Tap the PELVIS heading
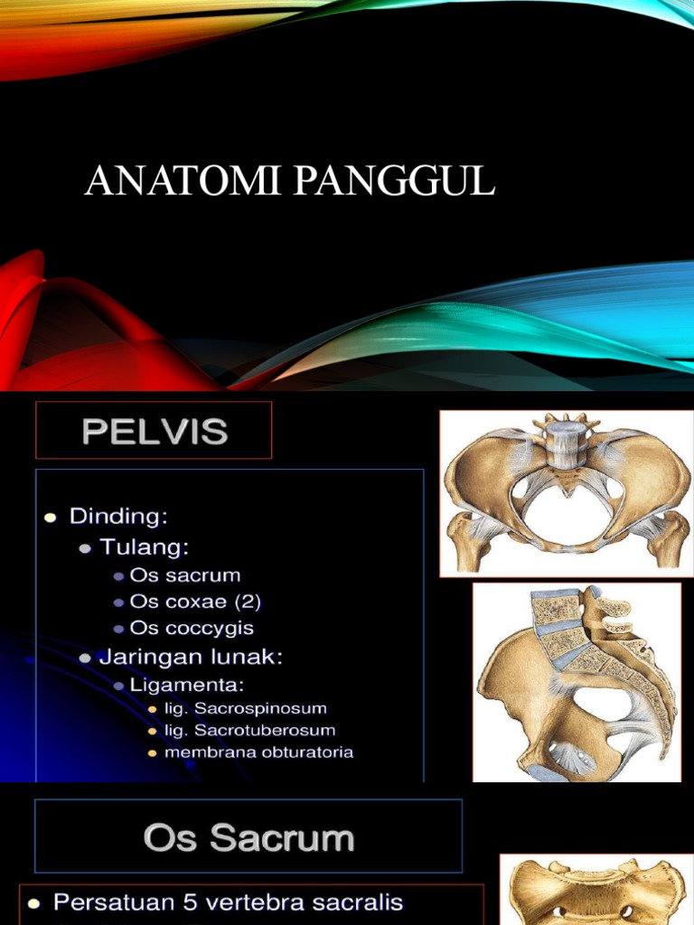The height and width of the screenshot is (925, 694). [x=154, y=431]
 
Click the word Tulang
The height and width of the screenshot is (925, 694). [x=150, y=547]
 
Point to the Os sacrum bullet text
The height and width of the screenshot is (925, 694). [x=185, y=575]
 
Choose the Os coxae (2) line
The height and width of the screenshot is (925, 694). [x=195, y=601]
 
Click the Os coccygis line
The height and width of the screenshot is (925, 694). [x=192, y=627]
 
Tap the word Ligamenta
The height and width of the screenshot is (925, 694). [x=187, y=684]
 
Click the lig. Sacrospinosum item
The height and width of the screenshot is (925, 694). [x=245, y=709]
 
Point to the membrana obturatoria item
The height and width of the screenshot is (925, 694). [x=258, y=752]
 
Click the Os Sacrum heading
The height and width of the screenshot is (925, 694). [x=249, y=839]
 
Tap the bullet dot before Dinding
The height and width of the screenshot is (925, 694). [x=51, y=518]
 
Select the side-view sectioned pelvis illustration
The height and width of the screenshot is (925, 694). [x=577, y=682]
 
